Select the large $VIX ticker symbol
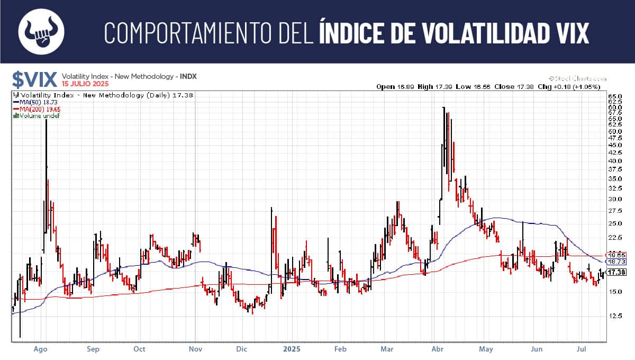tap(35, 79)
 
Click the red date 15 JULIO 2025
tap(85, 84)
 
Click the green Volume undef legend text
tap(37, 115)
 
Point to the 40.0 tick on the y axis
tap(615, 160)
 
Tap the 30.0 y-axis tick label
tap(615, 199)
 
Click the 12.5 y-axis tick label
tap(615, 316)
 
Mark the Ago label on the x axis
tap(41, 349)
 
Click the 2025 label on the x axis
tap(292, 349)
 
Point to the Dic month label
tap(242, 349)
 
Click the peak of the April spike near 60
tap(443, 108)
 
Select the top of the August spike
tap(46, 121)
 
